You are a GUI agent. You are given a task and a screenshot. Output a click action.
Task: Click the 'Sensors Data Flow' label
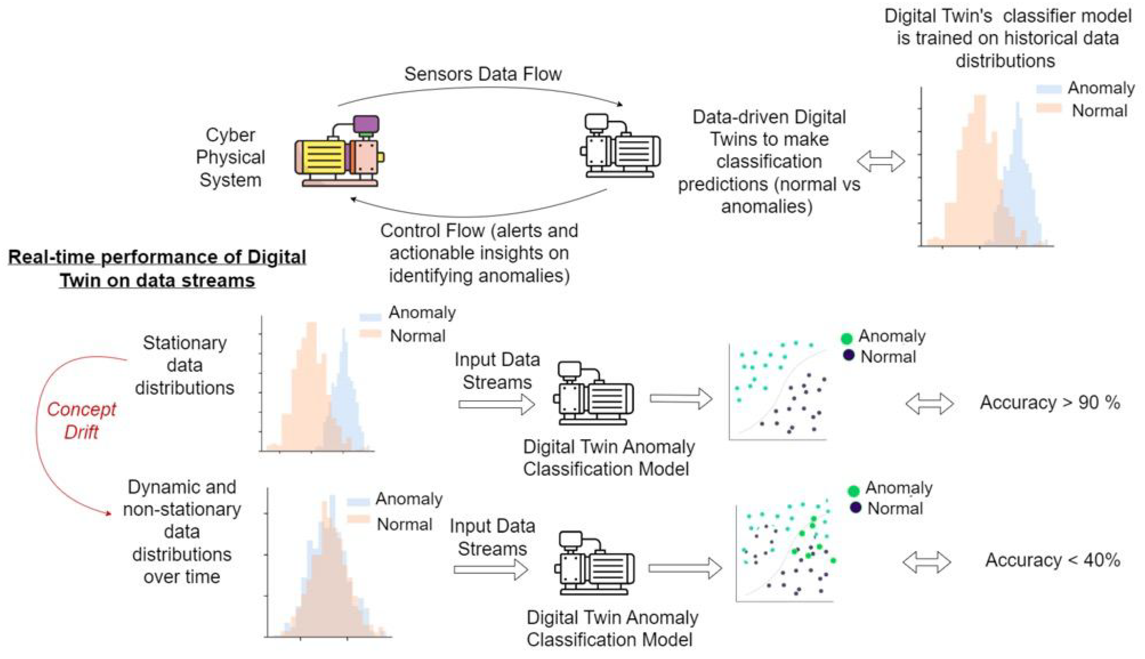(x=483, y=74)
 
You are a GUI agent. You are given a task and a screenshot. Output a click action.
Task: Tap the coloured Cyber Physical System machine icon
(x=339, y=152)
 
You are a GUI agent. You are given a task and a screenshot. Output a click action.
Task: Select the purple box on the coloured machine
(x=366, y=123)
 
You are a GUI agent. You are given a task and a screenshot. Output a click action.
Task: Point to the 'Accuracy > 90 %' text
(x=1050, y=402)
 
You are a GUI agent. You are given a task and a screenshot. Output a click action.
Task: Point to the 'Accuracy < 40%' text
(x=1052, y=560)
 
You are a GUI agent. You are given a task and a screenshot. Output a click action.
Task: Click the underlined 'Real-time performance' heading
(x=157, y=269)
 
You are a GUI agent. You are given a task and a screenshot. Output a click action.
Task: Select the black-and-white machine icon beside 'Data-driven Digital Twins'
(x=620, y=146)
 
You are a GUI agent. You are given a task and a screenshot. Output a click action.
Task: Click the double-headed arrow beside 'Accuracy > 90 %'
(x=929, y=403)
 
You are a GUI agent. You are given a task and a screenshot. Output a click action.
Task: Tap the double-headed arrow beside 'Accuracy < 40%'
(x=926, y=562)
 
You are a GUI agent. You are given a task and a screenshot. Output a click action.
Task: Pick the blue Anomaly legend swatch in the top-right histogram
(x=1049, y=89)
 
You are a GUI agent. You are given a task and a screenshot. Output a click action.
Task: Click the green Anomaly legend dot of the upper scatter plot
(x=847, y=338)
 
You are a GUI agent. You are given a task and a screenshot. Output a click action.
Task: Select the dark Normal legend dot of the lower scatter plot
(x=855, y=507)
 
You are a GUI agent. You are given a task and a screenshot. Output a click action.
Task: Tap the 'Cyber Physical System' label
(x=230, y=157)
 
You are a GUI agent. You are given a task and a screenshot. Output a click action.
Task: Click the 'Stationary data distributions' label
(x=185, y=365)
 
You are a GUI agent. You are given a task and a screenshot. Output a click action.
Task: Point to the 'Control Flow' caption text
(x=479, y=253)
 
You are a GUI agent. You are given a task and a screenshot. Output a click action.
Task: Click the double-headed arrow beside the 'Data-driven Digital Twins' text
(x=881, y=162)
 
